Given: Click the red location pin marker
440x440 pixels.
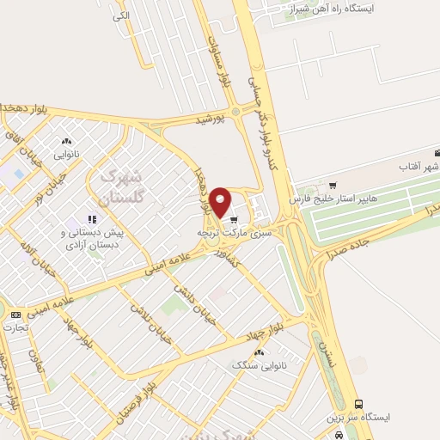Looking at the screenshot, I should click(221, 201).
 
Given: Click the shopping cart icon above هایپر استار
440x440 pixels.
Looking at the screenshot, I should click(333, 185).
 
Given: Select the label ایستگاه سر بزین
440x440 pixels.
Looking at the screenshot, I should click(357, 418).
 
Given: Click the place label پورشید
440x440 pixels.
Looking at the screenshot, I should click(208, 119).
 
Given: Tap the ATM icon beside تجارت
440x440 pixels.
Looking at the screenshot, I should click(13, 315).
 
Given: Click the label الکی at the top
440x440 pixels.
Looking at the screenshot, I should click(121, 16).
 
